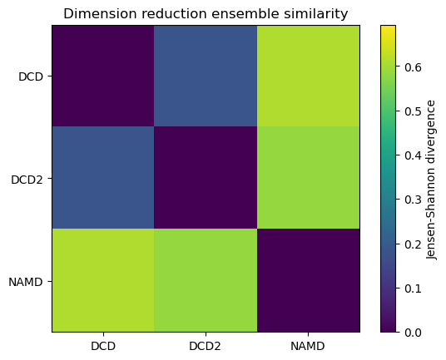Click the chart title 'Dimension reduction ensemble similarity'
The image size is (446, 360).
click(206, 13)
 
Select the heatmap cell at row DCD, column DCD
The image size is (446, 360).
click(103, 76)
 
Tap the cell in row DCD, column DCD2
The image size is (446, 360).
click(206, 76)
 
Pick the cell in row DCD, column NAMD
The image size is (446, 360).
click(308, 76)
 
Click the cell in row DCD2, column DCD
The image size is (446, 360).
click(103, 179)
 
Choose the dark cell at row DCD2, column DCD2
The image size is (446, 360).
click(206, 179)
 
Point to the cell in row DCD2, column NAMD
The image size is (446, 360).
click(308, 179)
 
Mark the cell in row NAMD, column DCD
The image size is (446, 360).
click(103, 281)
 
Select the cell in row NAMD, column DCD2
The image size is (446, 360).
click(206, 281)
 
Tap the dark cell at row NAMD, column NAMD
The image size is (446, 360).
click(308, 281)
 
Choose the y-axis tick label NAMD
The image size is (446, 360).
click(28, 281)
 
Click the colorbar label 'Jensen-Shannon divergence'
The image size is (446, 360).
click(431, 179)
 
